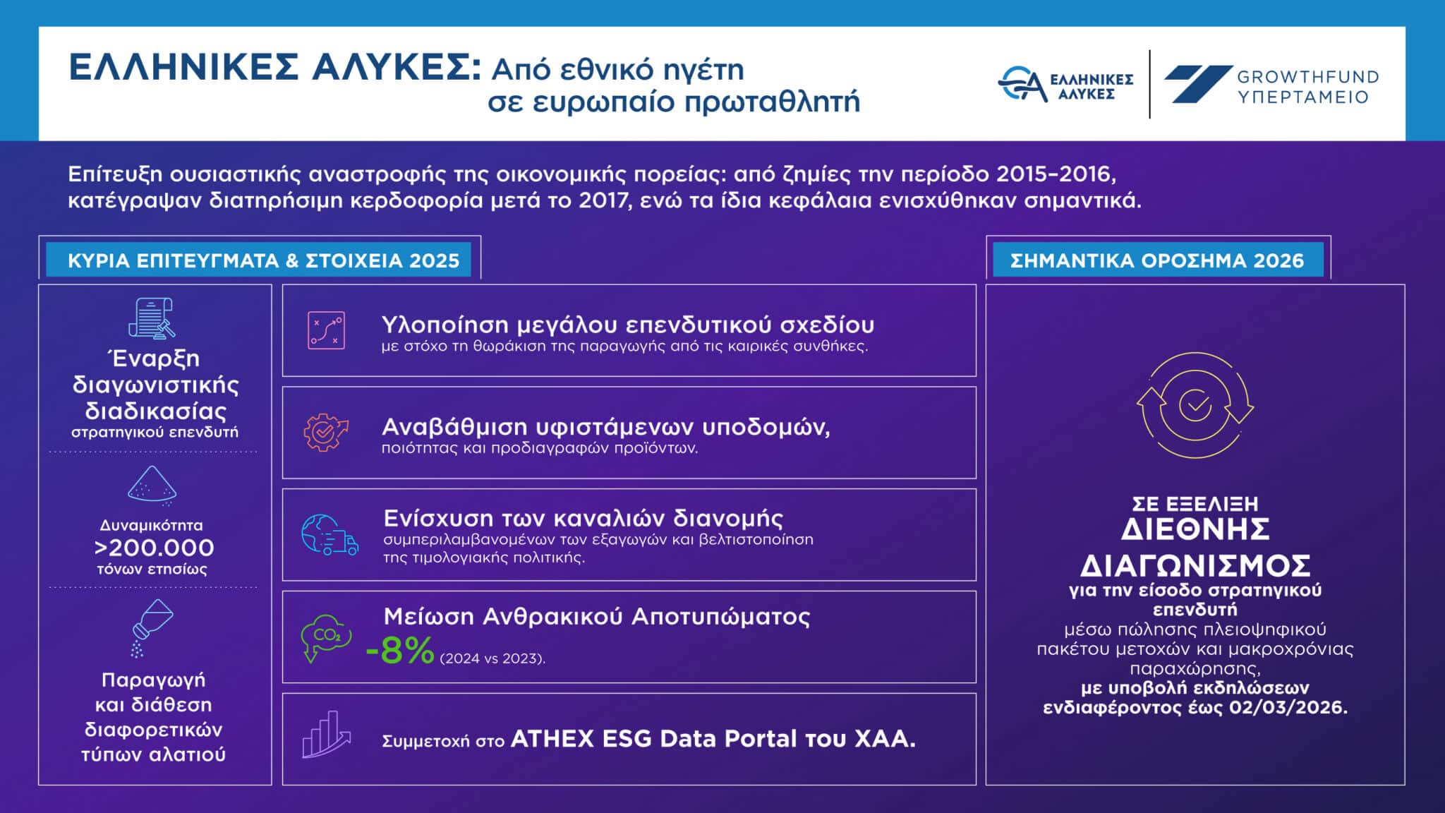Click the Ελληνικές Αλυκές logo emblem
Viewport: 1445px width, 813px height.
pos(1022,83)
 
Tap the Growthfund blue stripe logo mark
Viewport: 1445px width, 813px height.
pos(1197,84)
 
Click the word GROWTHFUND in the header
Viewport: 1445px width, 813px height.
pos(1307,77)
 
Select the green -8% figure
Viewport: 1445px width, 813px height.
pos(399,651)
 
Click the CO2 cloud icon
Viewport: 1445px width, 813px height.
pos(325,638)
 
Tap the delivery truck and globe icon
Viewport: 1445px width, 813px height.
pos(329,535)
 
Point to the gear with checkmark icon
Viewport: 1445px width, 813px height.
pos(325,432)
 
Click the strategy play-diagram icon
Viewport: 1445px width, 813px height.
pos(326,330)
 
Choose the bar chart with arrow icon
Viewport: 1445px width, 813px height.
pos(326,735)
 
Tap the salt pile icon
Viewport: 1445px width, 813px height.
pos(152,486)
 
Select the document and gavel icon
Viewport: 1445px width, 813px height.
pos(151,318)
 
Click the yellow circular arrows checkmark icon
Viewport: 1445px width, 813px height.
pos(1195,405)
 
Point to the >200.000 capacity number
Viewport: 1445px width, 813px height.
pos(154,548)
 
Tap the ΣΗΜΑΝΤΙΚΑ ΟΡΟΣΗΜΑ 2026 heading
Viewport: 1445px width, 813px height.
pos(1157,261)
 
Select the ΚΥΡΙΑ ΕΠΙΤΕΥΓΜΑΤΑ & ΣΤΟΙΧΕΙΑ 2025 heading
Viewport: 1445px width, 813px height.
pos(263,261)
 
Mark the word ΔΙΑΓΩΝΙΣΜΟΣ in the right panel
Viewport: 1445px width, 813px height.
pos(1195,565)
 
